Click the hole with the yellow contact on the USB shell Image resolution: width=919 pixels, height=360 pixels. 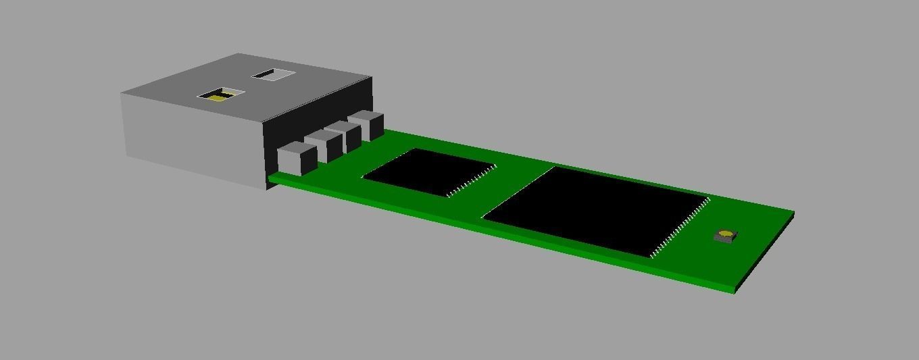(x=221, y=95)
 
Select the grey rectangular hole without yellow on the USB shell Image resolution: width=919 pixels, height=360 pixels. (x=274, y=74)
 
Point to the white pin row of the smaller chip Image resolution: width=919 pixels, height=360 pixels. (x=472, y=180)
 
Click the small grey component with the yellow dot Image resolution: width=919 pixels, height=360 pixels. (x=726, y=236)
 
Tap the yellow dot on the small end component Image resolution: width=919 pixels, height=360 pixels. (x=725, y=234)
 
